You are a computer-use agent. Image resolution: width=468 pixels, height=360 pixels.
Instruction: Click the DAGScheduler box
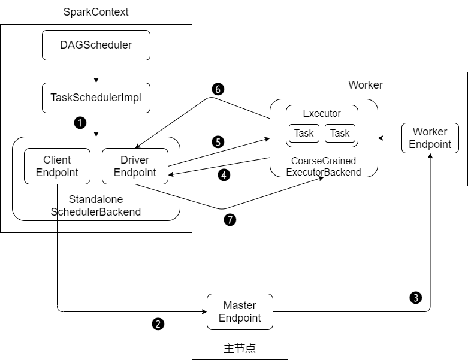pyautogui.click(x=96, y=45)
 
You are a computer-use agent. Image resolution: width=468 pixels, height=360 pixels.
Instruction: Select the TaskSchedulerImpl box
pyautogui.click(x=96, y=98)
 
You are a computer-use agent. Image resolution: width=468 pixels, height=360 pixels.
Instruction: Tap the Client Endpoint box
pyautogui.click(x=57, y=166)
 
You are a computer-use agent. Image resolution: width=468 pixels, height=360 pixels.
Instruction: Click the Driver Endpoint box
pyautogui.click(x=135, y=166)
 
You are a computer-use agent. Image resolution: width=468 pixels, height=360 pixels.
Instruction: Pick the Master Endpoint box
pyautogui.click(x=240, y=311)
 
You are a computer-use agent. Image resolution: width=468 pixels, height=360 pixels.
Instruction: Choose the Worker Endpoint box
pyautogui.click(x=430, y=138)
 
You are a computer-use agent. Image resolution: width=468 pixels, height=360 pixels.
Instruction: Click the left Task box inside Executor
pyautogui.click(x=304, y=133)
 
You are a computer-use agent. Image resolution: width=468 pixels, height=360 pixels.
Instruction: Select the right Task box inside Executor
pyautogui.click(x=340, y=133)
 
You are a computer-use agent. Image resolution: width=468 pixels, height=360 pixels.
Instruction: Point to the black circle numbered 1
pyautogui.click(x=79, y=122)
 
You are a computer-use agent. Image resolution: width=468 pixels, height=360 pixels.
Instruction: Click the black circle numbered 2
pyautogui.click(x=158, y=324)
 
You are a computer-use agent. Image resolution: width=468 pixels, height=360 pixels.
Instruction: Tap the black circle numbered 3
pyautogui.click(x=415, y=297)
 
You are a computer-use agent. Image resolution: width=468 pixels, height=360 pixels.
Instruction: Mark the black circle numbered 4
pyautogui.click(x=224, y=176)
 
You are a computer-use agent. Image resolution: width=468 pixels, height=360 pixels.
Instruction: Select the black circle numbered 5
pyautogui.click(x=218, y=142)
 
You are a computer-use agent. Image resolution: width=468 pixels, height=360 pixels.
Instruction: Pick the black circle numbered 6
pyautogui.click(x=218, y=89)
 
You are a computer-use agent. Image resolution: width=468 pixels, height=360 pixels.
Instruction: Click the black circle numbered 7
pyautogui.click(x=230, y=220)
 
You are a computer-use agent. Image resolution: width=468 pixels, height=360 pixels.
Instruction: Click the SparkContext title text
pyautogui.click(x=96, y=12)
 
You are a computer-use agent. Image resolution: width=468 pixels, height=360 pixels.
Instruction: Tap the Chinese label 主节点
pyautogui.click(x=240, y=348)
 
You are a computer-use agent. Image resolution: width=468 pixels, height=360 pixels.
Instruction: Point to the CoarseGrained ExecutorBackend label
pyautogui.click(x=324, y=167)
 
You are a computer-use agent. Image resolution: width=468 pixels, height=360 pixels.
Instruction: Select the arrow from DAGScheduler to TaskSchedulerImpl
pyautogui.click(x=96, y=71)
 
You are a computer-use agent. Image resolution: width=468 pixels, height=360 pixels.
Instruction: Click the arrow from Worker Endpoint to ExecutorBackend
pyautogui.click(x=390, y=138)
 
